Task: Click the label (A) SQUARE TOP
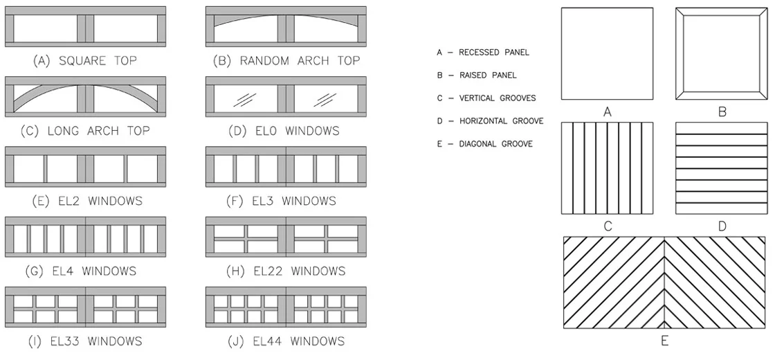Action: pos(84,61)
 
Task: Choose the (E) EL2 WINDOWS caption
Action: pos(86,201)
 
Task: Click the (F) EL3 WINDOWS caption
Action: pos(280,201)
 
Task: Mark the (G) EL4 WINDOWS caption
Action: pos(84,271)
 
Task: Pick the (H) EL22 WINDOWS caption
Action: pos(286,271)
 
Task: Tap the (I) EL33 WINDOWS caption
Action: pos(86,341)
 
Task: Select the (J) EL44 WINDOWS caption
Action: pos(285,341)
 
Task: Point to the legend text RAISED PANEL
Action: pos(488,75)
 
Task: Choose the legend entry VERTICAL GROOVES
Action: pos(497,98)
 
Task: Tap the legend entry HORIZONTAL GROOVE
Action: pos(501,121)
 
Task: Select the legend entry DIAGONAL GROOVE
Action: pos(496,144)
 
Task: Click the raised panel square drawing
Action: pos(722,55)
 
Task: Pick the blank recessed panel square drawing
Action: pos(607,55)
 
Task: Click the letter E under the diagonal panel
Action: pos(665,341)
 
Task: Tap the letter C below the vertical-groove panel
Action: pos(608,226)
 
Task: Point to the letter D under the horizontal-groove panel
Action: pos(722,226)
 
